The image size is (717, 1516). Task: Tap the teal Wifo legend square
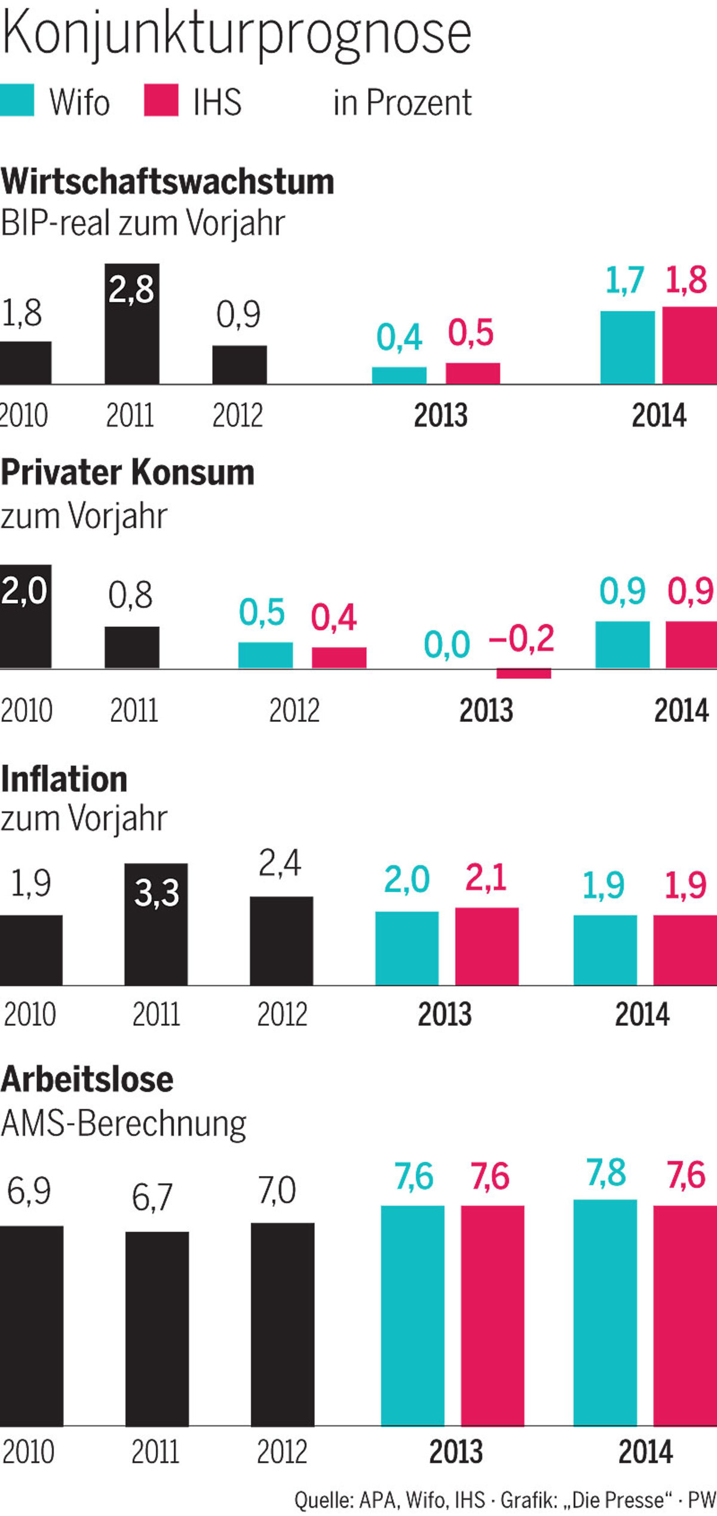tap(17, 100)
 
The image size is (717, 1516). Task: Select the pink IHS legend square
tap(161, 100)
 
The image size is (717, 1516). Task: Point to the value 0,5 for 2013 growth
tap(471, 333)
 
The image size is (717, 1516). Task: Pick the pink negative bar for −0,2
tap(523, 673)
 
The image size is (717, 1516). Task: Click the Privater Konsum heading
tap(128, 473)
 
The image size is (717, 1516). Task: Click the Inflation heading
tap(64, 780)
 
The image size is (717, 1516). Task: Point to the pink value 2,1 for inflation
tap(486, 878)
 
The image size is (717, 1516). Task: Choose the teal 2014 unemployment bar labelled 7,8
tap(605, 1312)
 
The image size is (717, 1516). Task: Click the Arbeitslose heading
tap(87, 1080)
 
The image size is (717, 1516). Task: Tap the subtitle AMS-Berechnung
tap(124, 1123)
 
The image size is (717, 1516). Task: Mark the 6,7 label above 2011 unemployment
tap(152, 1197)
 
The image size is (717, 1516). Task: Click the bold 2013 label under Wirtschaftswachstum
tap(440, 415)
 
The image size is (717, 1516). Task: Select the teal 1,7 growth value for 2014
tap(624, 280)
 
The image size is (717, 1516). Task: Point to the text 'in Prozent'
tap(402, 103)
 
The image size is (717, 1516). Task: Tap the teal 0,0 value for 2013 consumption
tap(447, 645)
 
